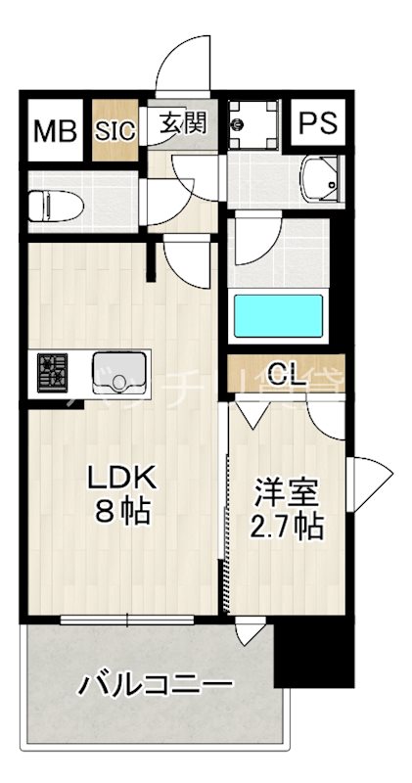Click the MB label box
(55, 130)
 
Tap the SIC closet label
(115, 130)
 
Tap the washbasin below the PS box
(318, 177)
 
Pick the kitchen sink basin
(117, 370)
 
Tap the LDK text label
(122, 479)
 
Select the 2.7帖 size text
(286, 526)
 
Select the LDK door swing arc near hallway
(186, 262)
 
